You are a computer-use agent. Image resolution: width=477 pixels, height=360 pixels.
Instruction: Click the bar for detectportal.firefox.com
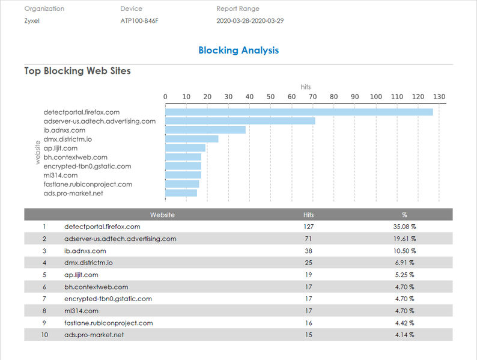point(299,112)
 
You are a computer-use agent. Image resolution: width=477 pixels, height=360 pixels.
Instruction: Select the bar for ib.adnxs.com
point(205,130)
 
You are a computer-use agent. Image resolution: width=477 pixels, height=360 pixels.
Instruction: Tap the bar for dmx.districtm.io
point(192,139)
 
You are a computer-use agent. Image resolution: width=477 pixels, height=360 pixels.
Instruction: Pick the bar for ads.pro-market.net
point(181,193)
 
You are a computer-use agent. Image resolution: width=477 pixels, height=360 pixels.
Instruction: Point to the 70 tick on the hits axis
point(312,97)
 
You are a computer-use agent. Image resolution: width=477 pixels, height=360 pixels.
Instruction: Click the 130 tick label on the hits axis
point(439,97)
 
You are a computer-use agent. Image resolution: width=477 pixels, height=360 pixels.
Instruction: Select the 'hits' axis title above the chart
point(306,87)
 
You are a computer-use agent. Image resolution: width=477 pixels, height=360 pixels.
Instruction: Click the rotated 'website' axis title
point(38,153)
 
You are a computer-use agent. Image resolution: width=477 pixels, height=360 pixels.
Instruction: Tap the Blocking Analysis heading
point(239,50)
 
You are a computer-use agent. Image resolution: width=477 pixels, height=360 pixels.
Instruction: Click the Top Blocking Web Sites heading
point(77,71)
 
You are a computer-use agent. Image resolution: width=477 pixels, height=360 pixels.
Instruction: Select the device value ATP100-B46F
point(143,20)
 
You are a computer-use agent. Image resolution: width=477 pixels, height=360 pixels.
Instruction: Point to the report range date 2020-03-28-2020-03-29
point(250,20)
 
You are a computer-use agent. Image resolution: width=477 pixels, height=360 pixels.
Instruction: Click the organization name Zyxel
point(33,20)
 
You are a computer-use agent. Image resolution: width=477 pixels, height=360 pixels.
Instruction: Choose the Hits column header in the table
point(309,215)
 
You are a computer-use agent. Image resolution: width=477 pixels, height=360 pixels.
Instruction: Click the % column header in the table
point(404,215)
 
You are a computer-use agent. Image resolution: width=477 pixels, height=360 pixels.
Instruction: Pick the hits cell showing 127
point(309,227)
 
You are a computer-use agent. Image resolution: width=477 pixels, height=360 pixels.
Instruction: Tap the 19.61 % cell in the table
point(404,239)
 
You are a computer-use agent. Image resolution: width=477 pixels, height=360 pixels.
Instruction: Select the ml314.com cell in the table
point(79,311)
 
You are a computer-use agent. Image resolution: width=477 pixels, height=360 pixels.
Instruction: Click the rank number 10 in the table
point(44,335)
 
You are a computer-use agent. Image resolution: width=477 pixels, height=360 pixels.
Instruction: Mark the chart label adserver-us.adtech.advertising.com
point(99,121)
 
